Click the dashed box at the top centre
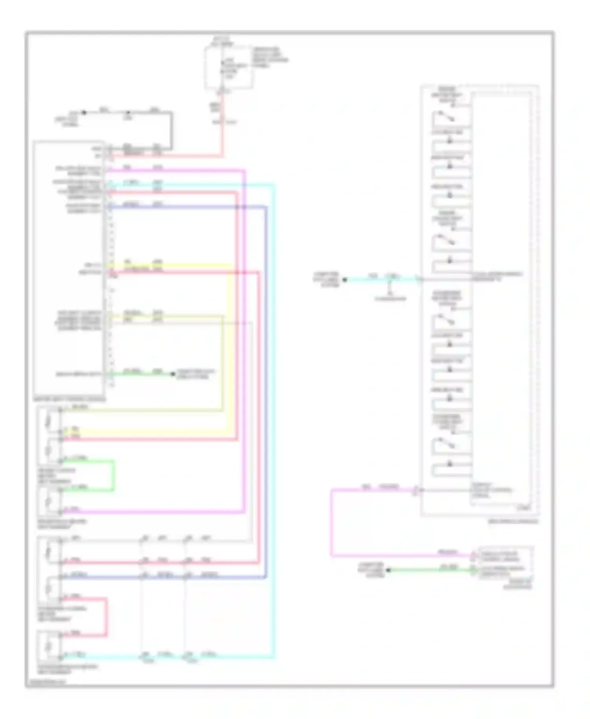[229, 68]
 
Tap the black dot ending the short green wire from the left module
[173, 374]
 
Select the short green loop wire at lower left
[114, 476]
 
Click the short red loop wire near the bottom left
[106, 617]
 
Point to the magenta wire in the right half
[332, 523]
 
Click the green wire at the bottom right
[431, 570]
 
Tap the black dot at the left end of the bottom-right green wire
[388, 570]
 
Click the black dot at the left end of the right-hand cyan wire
[345, 280]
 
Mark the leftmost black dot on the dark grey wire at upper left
[84, 112]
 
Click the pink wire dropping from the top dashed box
[223, 126]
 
